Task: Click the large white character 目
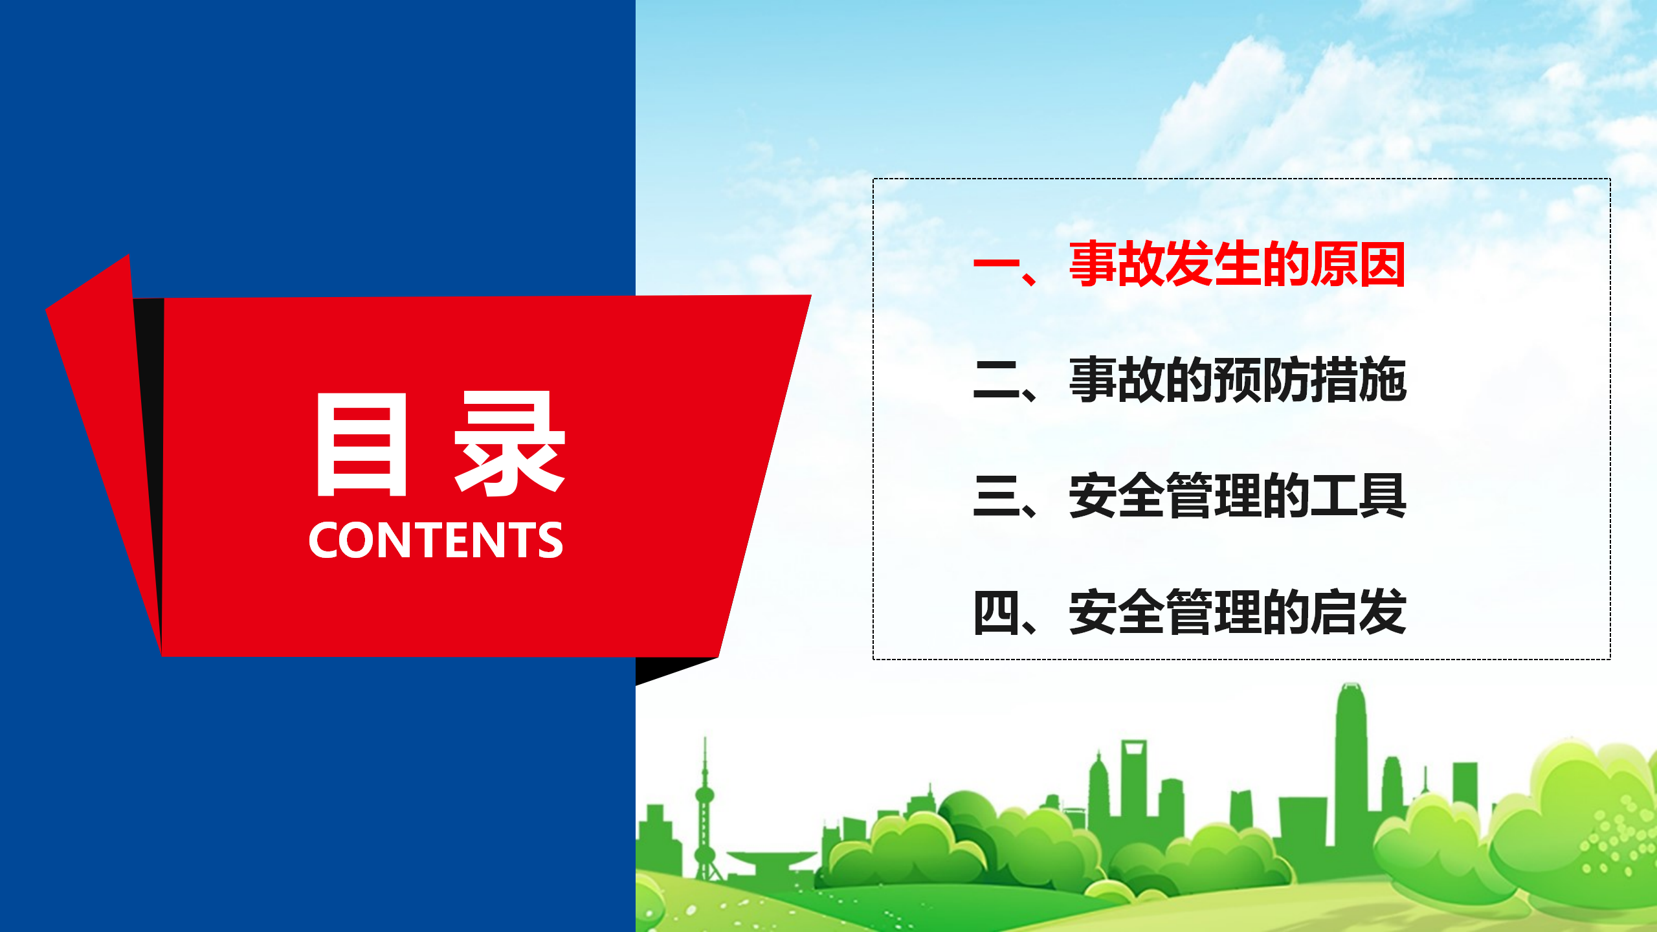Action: click(x=361, y=444)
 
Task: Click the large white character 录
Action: click(x=510, y=444)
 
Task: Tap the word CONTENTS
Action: click(x=436, y=540)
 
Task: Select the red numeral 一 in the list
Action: click(x=996, y=263)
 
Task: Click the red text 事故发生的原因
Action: click(x=1237, y=263)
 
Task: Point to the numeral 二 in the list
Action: click(x=996, y=380)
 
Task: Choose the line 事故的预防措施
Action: click(x=1237, y=380)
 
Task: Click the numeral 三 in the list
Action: click(x=996, y=496)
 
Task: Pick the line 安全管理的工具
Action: click(x=1237, y=496)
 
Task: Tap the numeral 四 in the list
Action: click(x=996, y=612)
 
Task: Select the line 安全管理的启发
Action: click(x=1237, y=612)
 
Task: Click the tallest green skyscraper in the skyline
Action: click(x=1351, y=764)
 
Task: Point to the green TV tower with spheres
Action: click(x=705, y=809)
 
